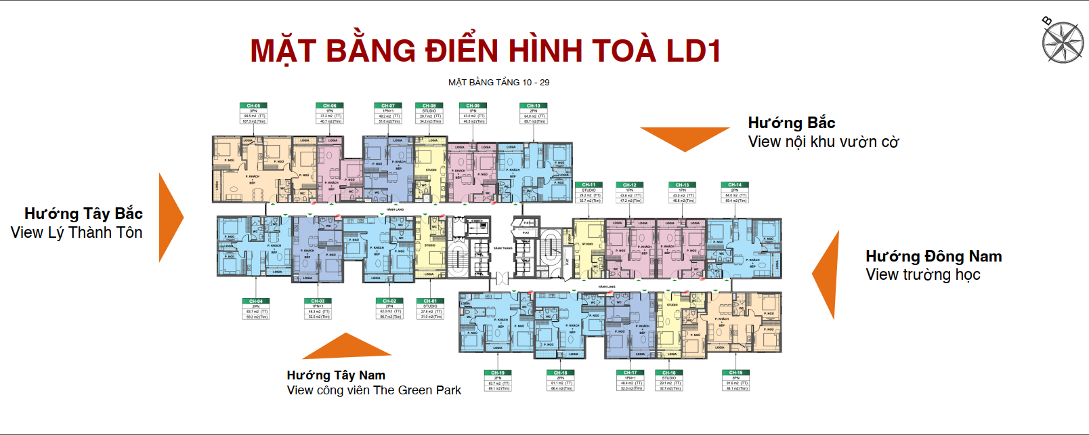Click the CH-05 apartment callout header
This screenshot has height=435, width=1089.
click(253, 106)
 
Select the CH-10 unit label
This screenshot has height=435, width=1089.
click(534, 106)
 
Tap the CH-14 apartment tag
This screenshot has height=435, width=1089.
click(735, 185)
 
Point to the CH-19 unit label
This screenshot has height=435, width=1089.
click(498, 373)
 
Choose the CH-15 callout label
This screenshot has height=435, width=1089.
click(735, 373)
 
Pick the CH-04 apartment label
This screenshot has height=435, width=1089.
click(255, 302)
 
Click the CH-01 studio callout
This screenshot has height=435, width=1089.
click(430, 302)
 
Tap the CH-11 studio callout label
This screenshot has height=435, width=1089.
click(589, 185)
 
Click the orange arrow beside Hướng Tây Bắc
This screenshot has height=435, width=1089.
click(169, 217)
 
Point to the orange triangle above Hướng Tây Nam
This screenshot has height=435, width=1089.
click(346, 347)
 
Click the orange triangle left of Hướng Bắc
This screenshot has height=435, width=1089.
click(684, 138)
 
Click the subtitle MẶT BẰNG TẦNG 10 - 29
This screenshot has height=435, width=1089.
click(498, 83)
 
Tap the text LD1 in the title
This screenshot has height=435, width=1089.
click(693, 51)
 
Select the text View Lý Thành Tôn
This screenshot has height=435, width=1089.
click(77, 233)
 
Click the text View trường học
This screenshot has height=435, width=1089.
click(922, 275)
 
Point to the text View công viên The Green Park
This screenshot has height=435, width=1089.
click(374, 390)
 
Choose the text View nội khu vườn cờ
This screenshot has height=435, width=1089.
click(824, 142)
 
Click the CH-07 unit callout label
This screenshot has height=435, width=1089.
click(388, 106)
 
